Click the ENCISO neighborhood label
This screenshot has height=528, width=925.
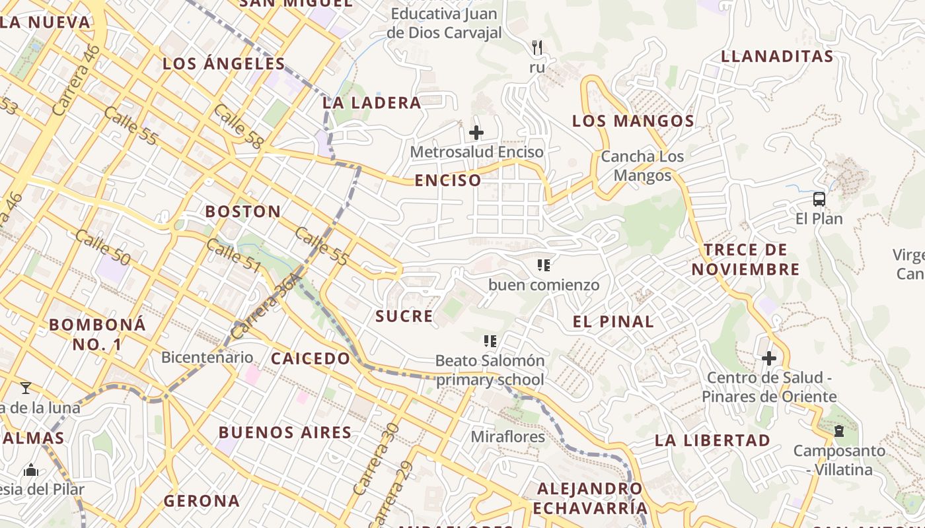tap(448, 180)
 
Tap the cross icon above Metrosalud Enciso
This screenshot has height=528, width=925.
tap(476, 133)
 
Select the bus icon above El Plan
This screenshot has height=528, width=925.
tap(819, 199)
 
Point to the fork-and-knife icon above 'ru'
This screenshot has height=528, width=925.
tap(537, 48)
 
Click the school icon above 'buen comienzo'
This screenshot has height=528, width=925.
tap(544, 265)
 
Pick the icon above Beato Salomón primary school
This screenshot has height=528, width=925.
tap(490, 341)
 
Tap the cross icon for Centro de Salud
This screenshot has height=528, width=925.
tap(769, 358)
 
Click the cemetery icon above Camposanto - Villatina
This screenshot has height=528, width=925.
tap(839, 431)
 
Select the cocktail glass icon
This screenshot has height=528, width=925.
tap(26, 387)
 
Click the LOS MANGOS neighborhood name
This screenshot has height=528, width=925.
tap(633, 121)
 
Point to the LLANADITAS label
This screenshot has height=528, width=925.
tap(777, 56)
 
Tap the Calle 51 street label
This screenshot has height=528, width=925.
tap(234, 256)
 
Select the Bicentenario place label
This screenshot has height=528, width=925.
tap(207, 358)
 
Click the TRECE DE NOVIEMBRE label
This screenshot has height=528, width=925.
tap(745, 259)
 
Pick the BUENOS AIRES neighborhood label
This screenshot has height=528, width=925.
tap(285, 433)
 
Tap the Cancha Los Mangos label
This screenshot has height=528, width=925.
tap(642, 166)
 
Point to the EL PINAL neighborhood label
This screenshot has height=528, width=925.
tap(613, 322)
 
